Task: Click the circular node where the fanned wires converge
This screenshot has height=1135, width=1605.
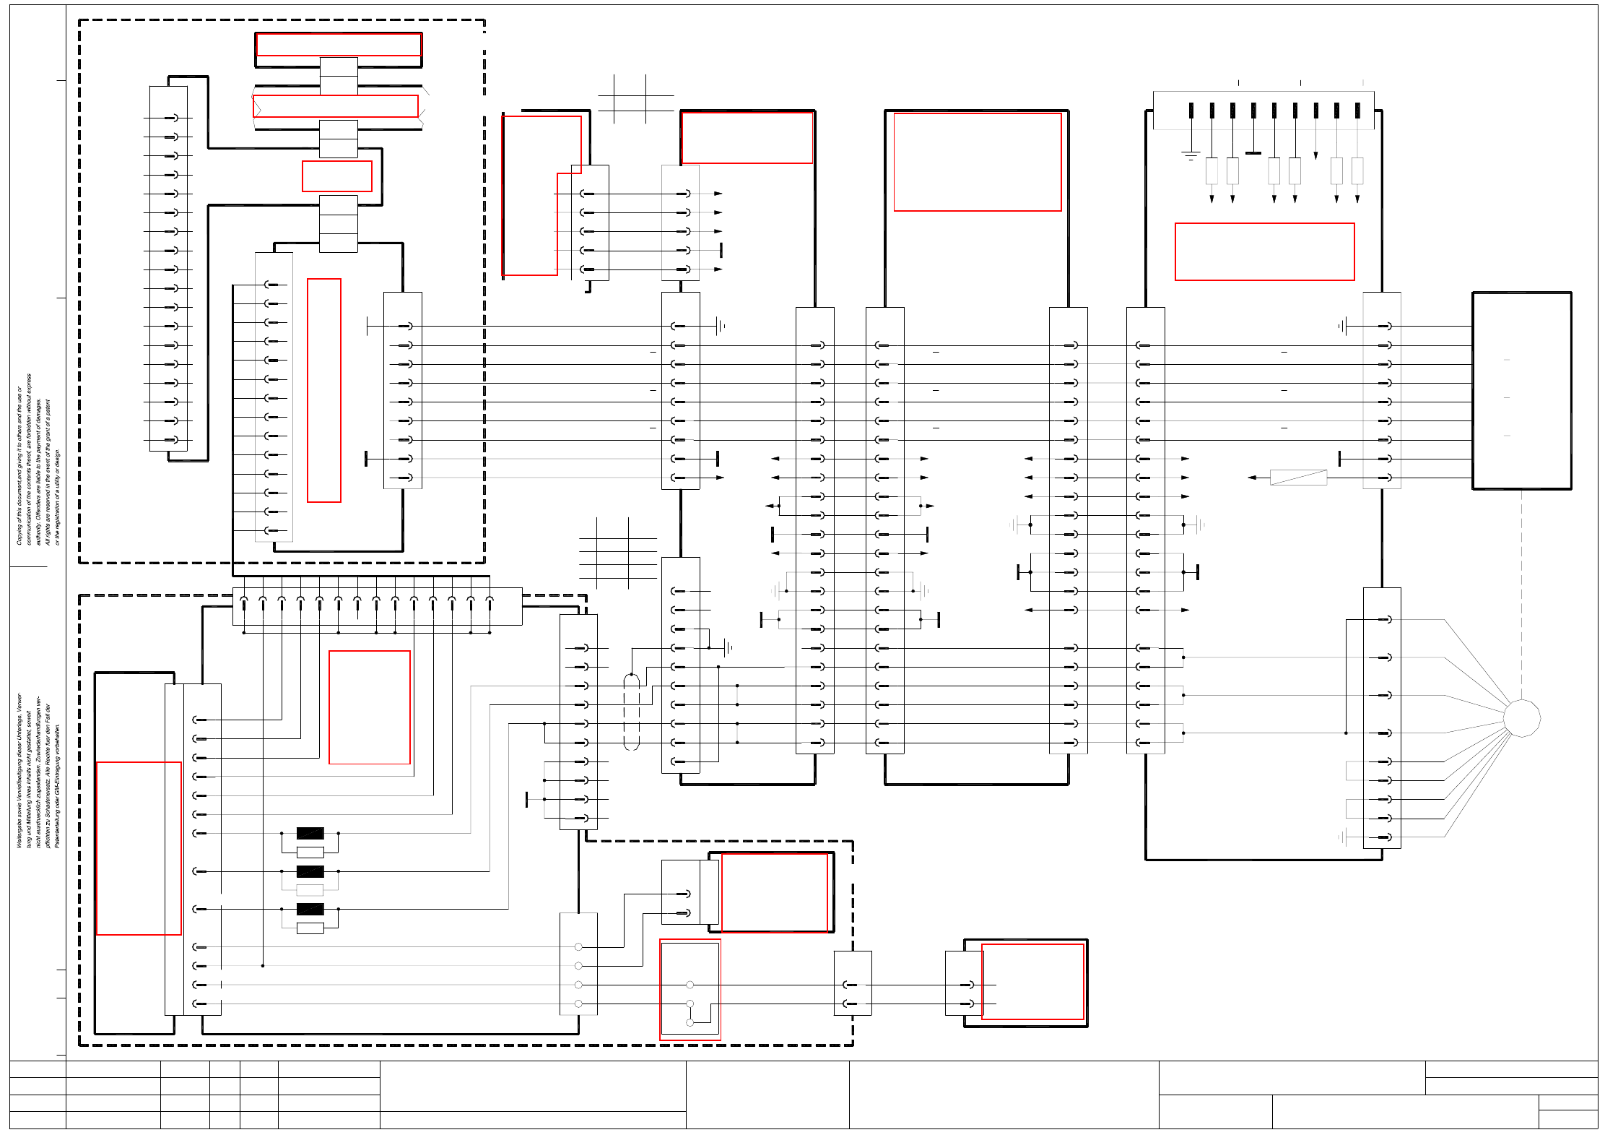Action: coord(1521,718)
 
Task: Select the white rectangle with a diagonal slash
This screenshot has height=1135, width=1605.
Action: coord(1298,477)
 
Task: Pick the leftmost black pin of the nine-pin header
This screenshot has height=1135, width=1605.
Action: coord(1191,111)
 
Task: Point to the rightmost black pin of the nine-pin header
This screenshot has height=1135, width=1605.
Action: coord(1357,111)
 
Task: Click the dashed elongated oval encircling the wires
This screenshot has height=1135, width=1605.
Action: coord(631,712)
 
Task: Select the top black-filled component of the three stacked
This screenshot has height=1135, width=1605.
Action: coord(310,833)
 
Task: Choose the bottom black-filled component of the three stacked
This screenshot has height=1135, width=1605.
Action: coord(310,909)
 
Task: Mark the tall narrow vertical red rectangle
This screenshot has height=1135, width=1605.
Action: coord(324,390)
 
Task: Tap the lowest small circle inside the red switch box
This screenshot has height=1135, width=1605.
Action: coord(690,1022)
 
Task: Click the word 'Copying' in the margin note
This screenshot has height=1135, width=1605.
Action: coord(19,531)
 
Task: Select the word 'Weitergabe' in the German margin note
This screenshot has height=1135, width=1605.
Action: coord(19,831)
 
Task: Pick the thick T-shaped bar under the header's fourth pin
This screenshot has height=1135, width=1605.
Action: coord(1253,152)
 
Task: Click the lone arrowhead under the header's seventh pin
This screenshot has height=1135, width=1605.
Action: coord(1315,155)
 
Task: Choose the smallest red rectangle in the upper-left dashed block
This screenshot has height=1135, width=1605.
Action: coord(337,176)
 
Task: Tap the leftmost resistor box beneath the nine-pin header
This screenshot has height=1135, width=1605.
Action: coord(1212,171)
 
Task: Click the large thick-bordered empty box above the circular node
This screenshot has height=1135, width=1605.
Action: coord(1521,391)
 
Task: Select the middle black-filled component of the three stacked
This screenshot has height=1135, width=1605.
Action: coord(310,871)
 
